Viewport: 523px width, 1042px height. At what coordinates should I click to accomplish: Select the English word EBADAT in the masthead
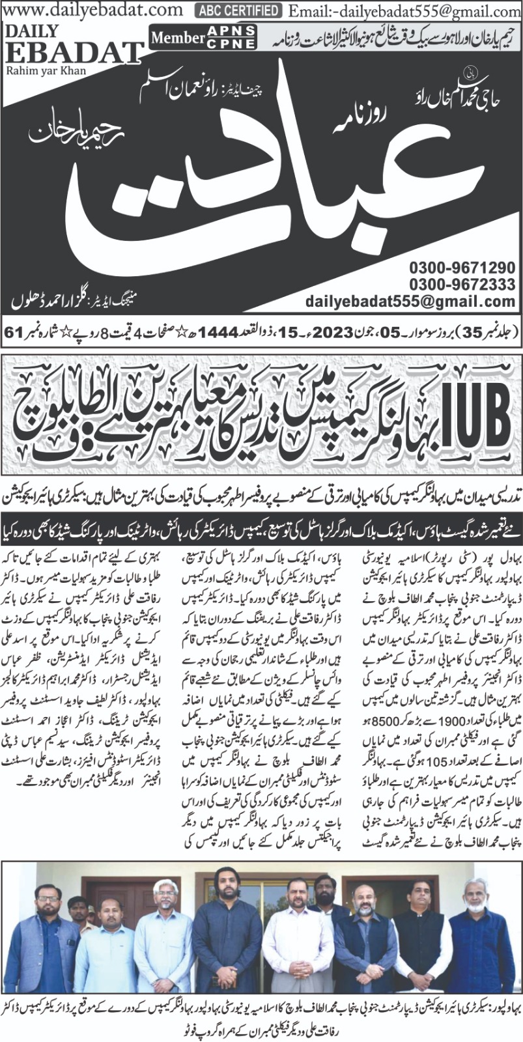74,53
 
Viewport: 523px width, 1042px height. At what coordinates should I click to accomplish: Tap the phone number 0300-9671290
462,268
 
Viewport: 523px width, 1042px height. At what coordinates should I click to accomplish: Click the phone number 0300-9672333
462,285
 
